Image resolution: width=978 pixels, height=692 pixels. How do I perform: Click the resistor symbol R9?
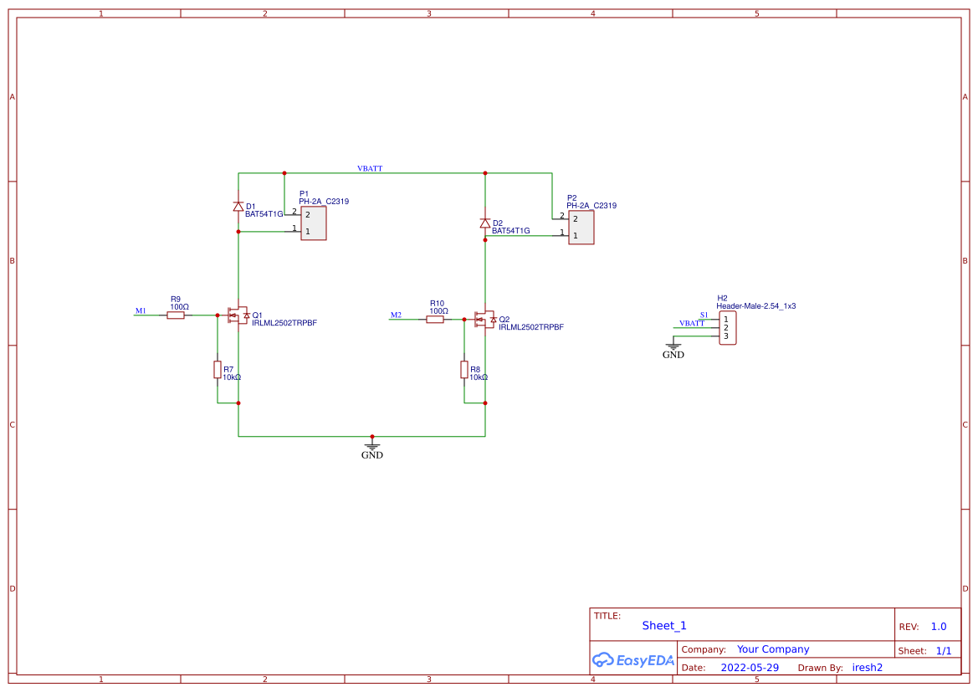click(x=176, y=315)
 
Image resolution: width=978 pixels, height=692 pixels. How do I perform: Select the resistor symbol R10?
click(x=435, y=320)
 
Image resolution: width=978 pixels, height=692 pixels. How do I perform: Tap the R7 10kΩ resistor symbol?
click(x=218, y=370)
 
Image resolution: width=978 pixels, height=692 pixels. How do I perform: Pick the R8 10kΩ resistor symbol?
click(x=464, y=370)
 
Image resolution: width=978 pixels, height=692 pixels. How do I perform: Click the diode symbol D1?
click(x=238, y=206)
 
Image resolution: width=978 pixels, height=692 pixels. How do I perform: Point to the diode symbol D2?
click(x=485, y=223)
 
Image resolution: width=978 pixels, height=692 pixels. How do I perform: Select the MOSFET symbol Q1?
click(x=238, y=315)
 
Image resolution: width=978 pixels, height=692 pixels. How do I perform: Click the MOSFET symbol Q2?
click(x=484, y=320)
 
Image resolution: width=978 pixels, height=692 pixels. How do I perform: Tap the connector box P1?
click(x=314, y=223)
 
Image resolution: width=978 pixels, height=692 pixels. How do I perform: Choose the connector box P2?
click(x=581, y=228)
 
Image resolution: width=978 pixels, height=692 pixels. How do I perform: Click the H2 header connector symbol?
click(x=727, y=327)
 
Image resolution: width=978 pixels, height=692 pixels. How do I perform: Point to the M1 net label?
click(x=141, y=311)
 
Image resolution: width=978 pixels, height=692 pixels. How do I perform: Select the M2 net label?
click(x=396, y=315)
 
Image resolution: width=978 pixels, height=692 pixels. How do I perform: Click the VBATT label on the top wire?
click(x=370, y=168)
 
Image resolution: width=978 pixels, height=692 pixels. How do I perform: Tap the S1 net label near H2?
click(x=704, y=315)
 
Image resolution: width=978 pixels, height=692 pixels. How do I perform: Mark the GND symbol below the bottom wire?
click(x=372, y=449)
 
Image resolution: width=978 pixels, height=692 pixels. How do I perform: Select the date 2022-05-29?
click(x=750, y=668)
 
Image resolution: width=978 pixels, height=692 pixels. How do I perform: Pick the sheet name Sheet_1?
click(x=664, y=625)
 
